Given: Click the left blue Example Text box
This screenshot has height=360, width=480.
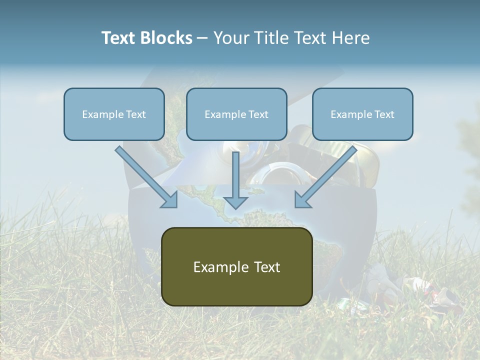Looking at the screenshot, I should tap(114, 114).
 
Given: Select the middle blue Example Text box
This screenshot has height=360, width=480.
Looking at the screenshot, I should tap(236, 114).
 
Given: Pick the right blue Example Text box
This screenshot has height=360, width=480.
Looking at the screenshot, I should tap(362, 114).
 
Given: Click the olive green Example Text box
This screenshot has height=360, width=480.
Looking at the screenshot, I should tap(236, 266).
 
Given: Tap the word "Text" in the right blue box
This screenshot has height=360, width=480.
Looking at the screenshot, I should tap(384, 114).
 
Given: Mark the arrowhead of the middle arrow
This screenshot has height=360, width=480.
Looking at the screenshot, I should tap(235, 201).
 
